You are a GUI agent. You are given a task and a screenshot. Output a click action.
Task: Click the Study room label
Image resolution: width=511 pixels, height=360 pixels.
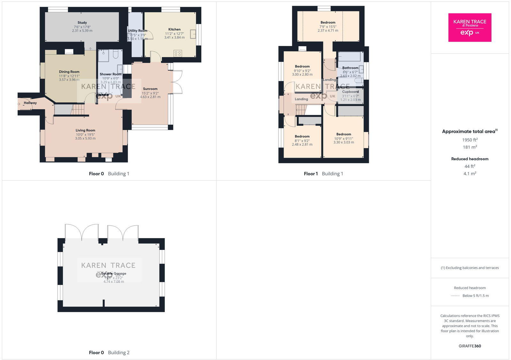click(x=82, y=23)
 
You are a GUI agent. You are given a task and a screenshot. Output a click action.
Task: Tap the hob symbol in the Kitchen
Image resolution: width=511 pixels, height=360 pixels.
click(x=178, y=53)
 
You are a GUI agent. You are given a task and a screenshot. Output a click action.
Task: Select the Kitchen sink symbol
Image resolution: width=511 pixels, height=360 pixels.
click(x=193, y=34)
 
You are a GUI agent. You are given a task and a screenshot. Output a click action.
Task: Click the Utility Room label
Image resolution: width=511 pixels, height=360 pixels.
click(x=137, y=31)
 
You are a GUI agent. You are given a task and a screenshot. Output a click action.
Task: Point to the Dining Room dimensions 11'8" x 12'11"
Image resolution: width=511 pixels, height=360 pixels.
click(x=69, y=76)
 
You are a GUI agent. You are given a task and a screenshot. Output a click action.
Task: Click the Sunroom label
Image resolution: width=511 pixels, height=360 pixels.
click(x=150, y=89)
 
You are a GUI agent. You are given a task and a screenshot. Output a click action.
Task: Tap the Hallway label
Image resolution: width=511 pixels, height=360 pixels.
click(x=30, y=103)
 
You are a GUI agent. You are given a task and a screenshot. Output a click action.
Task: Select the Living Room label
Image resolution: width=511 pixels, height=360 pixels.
click(x=85, y=130)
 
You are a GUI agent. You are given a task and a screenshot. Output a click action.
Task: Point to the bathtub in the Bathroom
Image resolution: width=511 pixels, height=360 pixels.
click(x=350, y=57)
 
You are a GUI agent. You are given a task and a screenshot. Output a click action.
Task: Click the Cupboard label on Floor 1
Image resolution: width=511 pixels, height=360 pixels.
click(x=350, y=92)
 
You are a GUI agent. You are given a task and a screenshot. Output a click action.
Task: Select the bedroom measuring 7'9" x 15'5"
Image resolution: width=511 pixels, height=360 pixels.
click(x=328, y=26)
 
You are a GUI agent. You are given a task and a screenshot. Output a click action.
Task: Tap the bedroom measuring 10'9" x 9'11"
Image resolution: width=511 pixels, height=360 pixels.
click(x=344, y=138)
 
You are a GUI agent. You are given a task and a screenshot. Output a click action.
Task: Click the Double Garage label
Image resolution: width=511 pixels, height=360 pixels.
click(x=114, y=274)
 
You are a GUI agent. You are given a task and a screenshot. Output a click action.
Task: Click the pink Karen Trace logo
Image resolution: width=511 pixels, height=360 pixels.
click(x=469, y=27)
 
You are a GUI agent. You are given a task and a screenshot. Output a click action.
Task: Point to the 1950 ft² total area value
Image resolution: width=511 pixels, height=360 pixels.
click(x=469, y=140)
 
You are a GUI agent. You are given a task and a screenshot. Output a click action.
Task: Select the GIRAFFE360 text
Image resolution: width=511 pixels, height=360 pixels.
click(x=469, y=346)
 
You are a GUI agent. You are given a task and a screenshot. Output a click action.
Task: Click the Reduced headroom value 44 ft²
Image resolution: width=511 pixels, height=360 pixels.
click(x=469, y=166)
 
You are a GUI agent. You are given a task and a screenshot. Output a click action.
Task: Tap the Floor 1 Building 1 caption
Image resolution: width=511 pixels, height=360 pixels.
click(x=323, y=174)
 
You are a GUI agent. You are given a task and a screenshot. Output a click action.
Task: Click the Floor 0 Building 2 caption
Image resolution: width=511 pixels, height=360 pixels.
click(x=109, y=353)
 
